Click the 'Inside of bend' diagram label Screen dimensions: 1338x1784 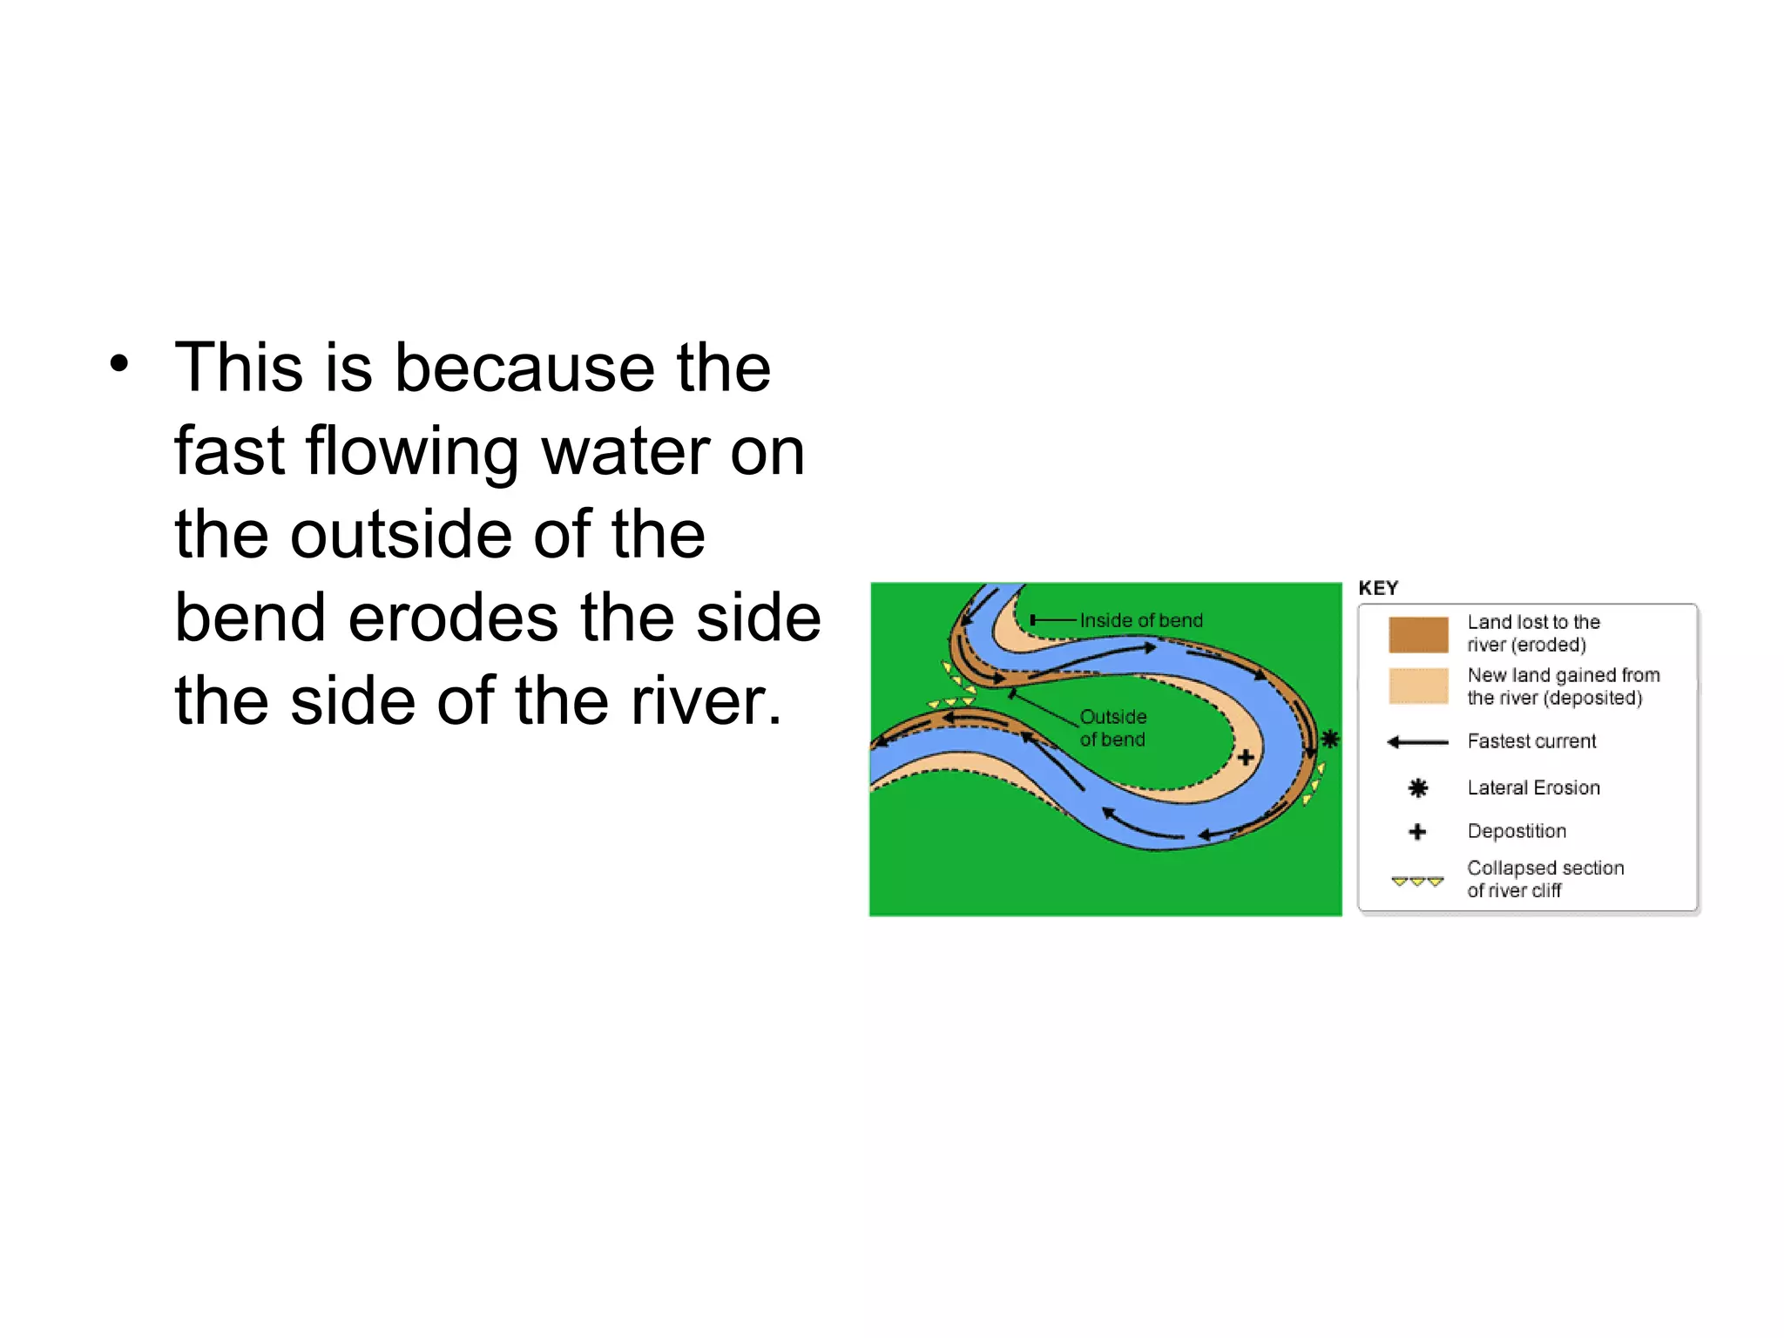coord(1141,620)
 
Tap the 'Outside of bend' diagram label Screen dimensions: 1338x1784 coord(1113,728)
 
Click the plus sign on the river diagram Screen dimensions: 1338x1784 coord(1246,757)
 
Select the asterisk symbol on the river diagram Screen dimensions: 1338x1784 coord(1329,740)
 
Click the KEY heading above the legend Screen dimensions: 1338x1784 coord(1378,588)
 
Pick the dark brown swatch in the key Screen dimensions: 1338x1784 coord(1418,634)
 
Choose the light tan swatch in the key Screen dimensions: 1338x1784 coord(1418,686)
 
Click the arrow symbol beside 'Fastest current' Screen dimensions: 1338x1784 coord(1417,742)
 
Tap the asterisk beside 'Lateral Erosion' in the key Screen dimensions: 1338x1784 coord(1418,788)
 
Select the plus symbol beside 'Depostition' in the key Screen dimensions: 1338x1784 coord(1417,832)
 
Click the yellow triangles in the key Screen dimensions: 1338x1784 coord(1417,882)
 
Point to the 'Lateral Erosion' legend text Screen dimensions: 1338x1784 coord(1533,787)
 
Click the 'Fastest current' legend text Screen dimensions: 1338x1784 coord(1531,741)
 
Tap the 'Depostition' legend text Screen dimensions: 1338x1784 coord(1517,831)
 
